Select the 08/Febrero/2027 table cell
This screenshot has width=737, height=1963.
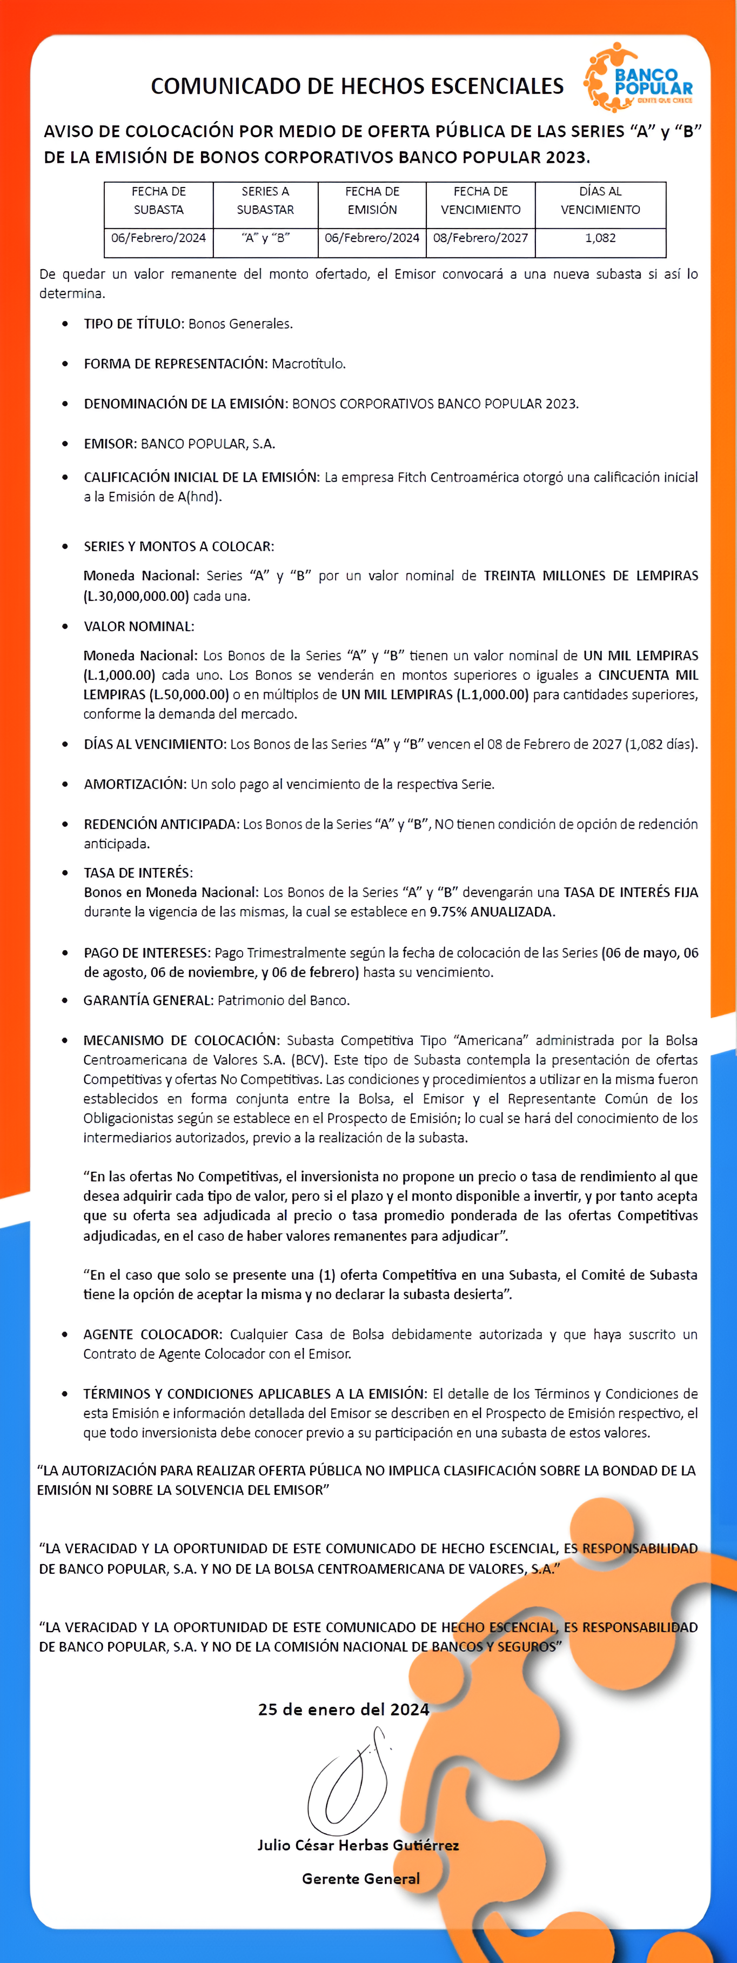click(480, 238)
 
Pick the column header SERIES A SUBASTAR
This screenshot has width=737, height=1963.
click(265, 201)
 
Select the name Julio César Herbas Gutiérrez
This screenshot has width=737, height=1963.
click(358, 1845)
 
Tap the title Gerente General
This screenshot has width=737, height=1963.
click(360, 1878)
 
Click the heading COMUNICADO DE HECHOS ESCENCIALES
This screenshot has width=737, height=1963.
click(357, 86)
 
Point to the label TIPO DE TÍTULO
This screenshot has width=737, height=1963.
click(132, 324)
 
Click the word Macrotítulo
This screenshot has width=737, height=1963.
click(309, 364)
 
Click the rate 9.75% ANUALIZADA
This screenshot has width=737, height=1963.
click(492, 911)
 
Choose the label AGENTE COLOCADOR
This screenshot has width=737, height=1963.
click(152, 1334)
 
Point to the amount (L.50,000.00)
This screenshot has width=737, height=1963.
click(189, 694)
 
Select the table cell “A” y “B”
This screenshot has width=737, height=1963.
click(265, 238)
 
